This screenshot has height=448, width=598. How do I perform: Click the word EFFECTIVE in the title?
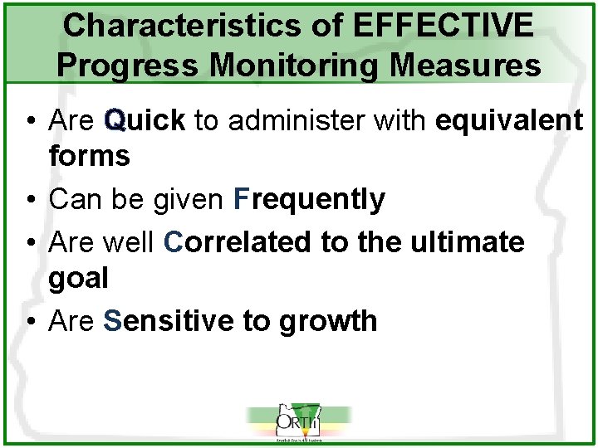coord(443,26)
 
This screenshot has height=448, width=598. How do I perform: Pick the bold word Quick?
coord(145,121)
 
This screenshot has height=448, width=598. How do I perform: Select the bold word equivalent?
coord(508,121)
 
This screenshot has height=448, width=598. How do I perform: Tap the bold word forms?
coord(89,156)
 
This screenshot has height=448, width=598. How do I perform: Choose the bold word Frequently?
coord(309,199)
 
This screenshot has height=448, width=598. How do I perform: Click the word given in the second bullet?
coord(189,199)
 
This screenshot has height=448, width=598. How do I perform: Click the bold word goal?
coord(78,278)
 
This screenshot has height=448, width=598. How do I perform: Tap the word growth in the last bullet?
coord(328,321)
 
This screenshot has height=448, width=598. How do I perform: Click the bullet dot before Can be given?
coord(29,200)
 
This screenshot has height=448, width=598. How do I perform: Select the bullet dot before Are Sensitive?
coord(29,322)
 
